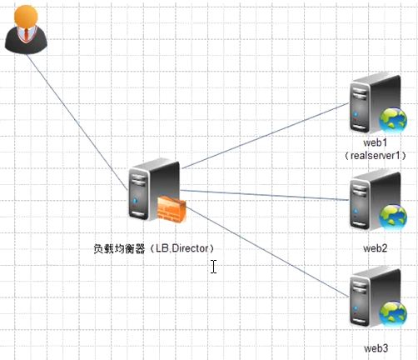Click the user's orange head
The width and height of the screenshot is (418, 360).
(26, 16)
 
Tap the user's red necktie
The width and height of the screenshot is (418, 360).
(26, 34)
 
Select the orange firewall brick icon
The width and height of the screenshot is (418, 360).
(172, 209)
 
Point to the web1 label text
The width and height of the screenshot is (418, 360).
(375, 142)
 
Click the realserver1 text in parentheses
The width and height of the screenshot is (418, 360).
(376, 156)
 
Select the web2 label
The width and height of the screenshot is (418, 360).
(376, 248)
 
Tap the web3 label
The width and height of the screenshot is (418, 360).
(376, 348)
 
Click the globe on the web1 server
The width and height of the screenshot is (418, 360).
(393, 121)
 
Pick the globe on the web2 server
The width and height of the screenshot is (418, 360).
(393, 217)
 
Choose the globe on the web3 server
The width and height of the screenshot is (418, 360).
(393, 314)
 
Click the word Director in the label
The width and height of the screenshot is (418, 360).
(190, 248)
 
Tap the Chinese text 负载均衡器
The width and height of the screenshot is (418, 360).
(119, 248)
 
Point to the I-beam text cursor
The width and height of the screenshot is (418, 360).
(213, 267)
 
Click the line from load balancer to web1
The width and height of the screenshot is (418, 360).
(265, 136)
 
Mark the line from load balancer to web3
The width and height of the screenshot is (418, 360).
(266, 251)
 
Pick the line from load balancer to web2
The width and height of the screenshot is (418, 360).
(264, 195)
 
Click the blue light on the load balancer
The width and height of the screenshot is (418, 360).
(135, 200)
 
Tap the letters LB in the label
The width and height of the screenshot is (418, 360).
(162, 248)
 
